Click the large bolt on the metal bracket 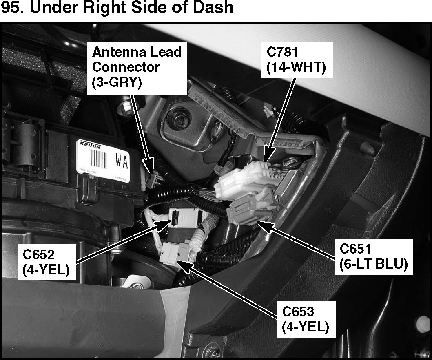coord(179,121)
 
